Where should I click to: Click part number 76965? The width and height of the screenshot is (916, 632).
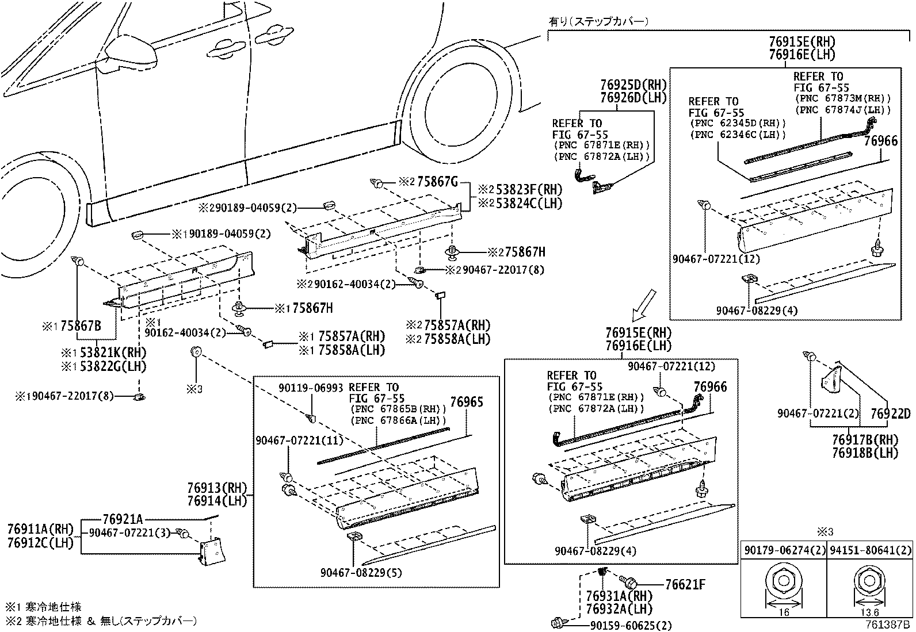[x=467, y=402]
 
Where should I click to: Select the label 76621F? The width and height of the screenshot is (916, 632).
[x=685, y=585]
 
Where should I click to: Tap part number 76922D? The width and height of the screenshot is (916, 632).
[x=890, y=414]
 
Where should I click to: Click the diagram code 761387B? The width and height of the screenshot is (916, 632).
[x=887, y=625]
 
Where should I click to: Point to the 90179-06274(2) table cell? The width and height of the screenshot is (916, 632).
[x=784, y=551]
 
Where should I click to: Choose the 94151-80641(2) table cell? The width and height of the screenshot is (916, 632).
[x=869, y=551]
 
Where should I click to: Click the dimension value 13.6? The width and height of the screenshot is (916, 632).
[x=869, y=612]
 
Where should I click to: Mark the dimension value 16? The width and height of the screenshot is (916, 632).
[x=784, y=612]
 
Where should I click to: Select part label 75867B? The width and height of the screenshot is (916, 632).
[x=81, y=326]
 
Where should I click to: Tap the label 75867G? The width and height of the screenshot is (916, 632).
[x=437, y=182]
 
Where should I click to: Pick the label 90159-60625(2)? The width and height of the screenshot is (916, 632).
[x=631, y=626]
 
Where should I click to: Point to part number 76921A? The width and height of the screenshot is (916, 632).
[x=123, y=519]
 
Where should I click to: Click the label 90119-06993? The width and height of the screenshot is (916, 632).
[x=311, y=388]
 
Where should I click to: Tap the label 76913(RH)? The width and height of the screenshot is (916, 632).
[x=217, y=488]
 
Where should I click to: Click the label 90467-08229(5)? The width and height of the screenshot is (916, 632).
[x=361, y=573]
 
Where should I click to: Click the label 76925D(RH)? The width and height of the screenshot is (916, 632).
[x=633, y=85]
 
